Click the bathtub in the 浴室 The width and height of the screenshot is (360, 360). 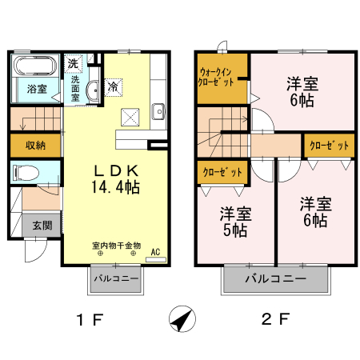pos(35,66)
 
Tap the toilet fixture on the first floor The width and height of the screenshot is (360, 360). pos(26,172)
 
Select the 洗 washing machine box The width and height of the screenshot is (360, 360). pos(73,63)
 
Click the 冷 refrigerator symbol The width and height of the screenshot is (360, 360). pos(114,87)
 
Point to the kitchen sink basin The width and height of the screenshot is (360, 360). pos(158,111)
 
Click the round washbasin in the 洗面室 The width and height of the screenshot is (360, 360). pos(92,90)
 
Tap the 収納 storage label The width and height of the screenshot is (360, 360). pos(35,146)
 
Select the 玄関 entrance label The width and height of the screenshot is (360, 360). pos(42,226)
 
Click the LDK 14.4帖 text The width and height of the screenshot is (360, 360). pos(115,178)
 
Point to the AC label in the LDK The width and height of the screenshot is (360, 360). pos(155,252)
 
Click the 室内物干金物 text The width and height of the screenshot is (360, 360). pos(116,246)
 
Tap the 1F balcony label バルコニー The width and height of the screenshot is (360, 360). pos(116,278)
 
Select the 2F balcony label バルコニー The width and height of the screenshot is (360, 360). pos(276,279)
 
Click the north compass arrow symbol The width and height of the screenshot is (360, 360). pos(182,318)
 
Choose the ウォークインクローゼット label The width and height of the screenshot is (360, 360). pos(216,77)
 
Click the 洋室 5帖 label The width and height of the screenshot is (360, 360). pos(235,222)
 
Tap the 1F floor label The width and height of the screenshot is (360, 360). pos(90,319)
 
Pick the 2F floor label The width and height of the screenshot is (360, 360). pos(275,319)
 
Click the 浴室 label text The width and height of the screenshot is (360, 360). pos(37,89)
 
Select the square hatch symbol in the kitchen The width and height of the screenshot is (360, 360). pos(130,117)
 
